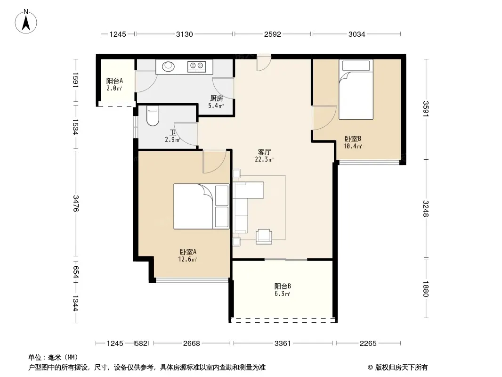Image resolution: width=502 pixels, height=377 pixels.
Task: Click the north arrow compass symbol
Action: (26, 22)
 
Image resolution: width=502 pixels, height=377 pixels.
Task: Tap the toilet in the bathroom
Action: (153, 115)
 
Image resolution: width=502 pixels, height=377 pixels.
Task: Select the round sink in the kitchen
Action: (169, 66)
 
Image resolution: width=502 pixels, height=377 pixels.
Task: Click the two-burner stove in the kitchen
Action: (196, 66)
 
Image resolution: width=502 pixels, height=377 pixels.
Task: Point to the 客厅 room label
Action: (265, 152)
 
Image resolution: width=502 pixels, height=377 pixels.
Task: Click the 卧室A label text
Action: (188, 252)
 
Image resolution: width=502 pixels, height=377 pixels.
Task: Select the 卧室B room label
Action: (353, 139)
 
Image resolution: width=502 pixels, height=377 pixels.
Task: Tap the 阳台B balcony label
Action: (283, 286)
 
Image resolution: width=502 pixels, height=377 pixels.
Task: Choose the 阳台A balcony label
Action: (114, 81)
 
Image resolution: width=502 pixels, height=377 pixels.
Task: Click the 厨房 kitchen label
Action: (217, 98)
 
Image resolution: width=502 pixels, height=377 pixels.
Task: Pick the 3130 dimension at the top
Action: (185, 34)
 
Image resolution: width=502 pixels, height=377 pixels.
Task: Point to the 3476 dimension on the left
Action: (75, 203)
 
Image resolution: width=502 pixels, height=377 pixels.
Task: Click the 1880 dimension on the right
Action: (426, 288)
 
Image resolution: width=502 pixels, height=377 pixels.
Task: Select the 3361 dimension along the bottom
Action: (283, 344)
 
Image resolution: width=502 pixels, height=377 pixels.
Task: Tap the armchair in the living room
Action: (264, 237)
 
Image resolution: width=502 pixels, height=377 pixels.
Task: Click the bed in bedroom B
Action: (356, 90)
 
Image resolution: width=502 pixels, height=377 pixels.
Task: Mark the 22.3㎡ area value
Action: (264, 159)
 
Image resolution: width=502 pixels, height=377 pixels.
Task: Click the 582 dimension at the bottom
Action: (141, 344)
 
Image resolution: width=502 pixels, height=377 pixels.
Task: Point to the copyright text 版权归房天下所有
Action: (401, 368)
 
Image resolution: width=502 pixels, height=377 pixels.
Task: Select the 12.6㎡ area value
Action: (187, 259)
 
